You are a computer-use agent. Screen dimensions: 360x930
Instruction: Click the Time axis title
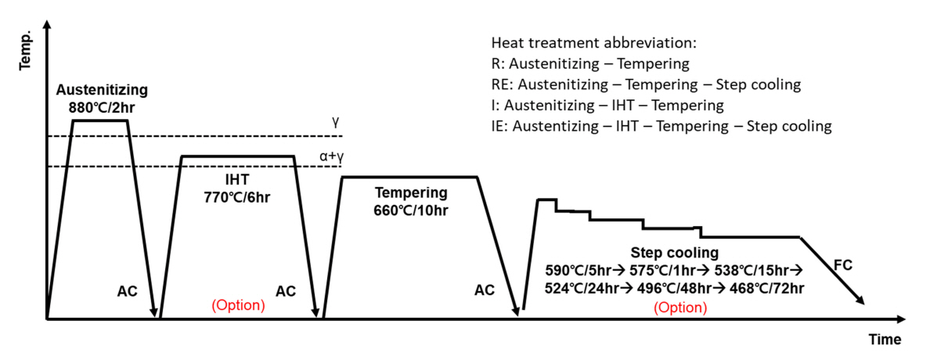pyautogui.click(x=884, y=340)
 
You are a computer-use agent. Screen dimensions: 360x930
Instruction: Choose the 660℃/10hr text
pyautogui.click(x=411, y=209)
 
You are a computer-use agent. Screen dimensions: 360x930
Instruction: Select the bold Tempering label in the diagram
pyautogui.click(x=411, y=193)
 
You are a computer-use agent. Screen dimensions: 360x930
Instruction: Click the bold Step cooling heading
pyautogui.click(x=674, y=254)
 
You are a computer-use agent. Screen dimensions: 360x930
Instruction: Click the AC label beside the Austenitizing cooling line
pyautogui.click(x=127, y=291)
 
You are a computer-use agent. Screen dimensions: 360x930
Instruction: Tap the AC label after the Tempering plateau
pyautogui.click(x=485, y=291)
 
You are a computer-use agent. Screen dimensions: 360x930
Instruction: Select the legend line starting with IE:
pyautogui.click(x=661, y=126)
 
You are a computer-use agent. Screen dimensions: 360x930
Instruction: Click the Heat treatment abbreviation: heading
pyautogui.click(x=593, y=42)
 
